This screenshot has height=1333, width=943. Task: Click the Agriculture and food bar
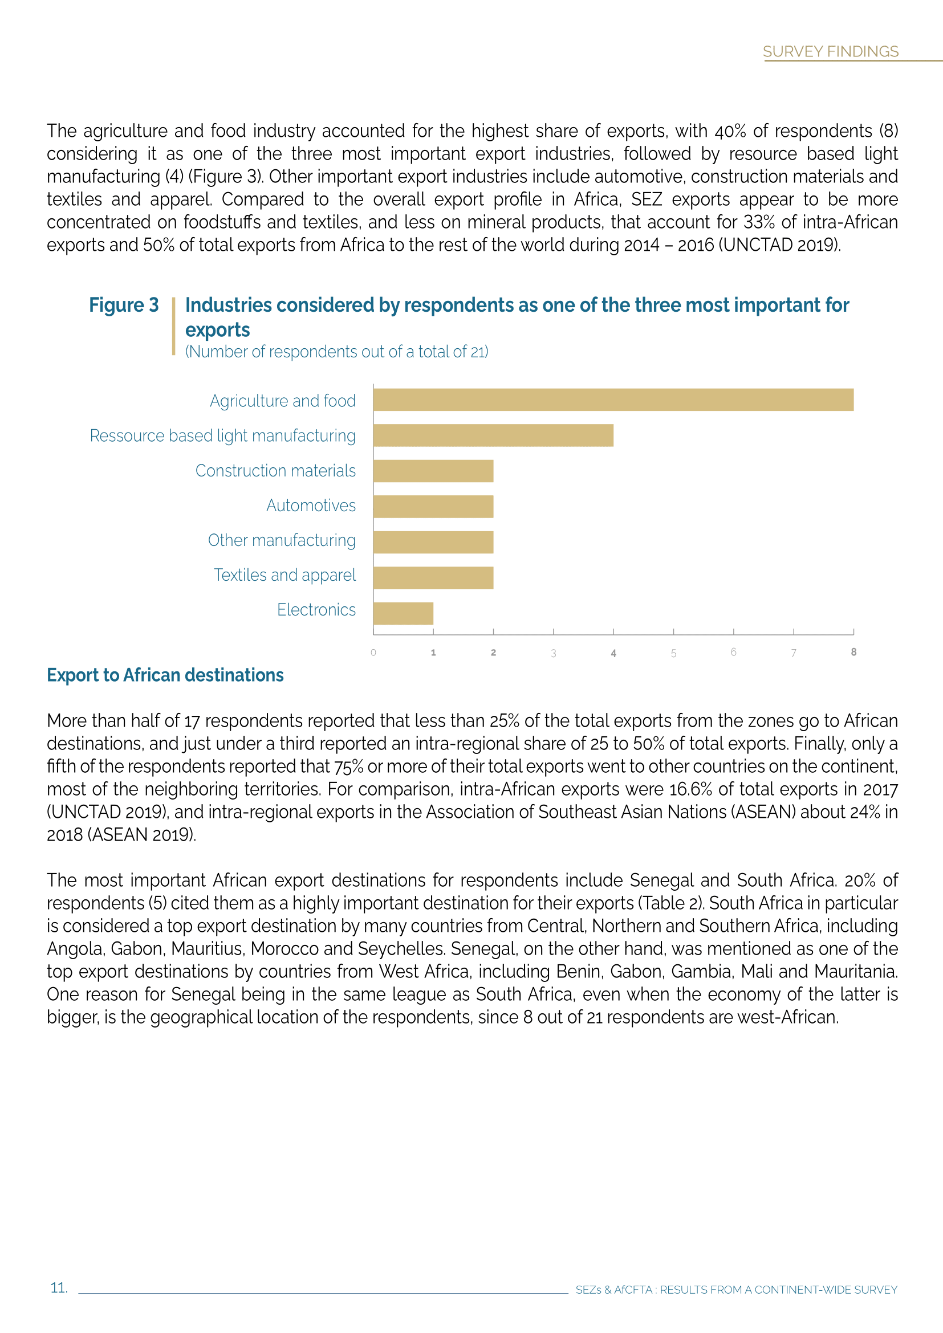613,400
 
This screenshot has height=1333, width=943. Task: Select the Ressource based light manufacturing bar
493,435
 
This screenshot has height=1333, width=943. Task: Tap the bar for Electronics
403,613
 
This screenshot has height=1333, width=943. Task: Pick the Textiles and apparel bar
433,578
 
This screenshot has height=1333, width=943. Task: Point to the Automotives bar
433,506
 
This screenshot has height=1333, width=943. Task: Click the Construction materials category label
275,471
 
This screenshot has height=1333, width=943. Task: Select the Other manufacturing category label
282,540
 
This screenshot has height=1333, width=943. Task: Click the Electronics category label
316,610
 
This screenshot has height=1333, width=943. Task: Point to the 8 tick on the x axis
853,652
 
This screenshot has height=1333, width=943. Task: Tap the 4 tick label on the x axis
613,653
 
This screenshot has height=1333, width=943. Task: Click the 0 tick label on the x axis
373,653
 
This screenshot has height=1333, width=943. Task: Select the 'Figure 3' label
124,305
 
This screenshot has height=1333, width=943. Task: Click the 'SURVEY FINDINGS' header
830,52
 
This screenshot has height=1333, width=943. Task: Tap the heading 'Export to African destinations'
165,675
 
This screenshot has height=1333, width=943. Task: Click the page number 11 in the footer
59,1288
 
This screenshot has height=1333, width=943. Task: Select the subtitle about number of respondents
337,352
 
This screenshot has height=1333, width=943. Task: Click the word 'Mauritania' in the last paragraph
855,971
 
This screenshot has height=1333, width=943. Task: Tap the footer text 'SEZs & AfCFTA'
614,1290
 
